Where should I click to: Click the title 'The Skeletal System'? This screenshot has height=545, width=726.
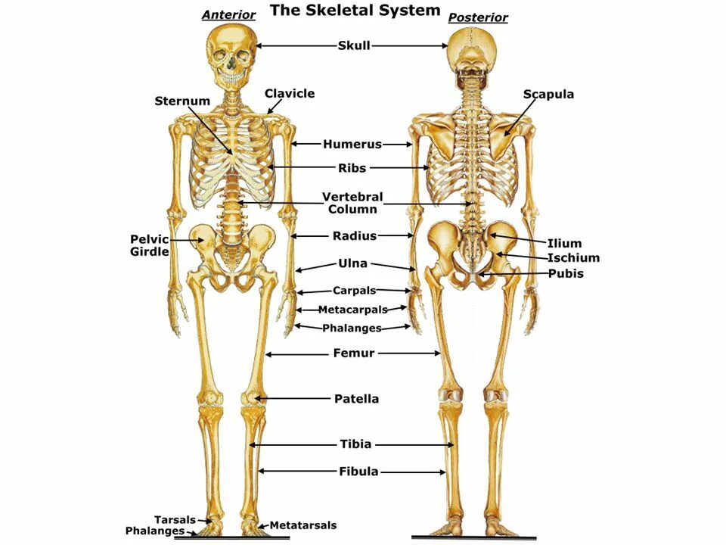coord(355,11)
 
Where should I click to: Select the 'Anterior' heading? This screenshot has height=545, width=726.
coord(228,15)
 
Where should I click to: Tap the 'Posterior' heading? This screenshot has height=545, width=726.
coord(478,17)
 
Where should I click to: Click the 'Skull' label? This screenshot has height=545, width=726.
coord(354,45)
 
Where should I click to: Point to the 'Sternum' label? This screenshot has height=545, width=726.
coord(182,101)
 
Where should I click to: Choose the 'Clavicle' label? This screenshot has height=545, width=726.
coord(290,94)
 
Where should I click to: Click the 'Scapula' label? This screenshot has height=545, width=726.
coord(548,95)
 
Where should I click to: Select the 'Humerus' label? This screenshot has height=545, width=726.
coord(352,144)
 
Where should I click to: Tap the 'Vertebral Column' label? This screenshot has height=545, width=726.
coord(352,203)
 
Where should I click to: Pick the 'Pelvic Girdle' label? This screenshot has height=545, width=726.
coord(150,245)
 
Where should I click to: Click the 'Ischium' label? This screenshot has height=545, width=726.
coord(573,258)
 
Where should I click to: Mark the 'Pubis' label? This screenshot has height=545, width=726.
coord(566,273)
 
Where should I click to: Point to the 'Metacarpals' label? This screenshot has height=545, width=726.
coord(352,310)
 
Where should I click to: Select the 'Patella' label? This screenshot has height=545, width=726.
coord(356,399)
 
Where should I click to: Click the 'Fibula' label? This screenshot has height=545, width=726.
coord(358,472)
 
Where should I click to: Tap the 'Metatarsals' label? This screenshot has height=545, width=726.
coord(302,525)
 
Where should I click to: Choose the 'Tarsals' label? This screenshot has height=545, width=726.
coord(175,520)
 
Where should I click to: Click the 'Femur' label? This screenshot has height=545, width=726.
coord(354,353)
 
